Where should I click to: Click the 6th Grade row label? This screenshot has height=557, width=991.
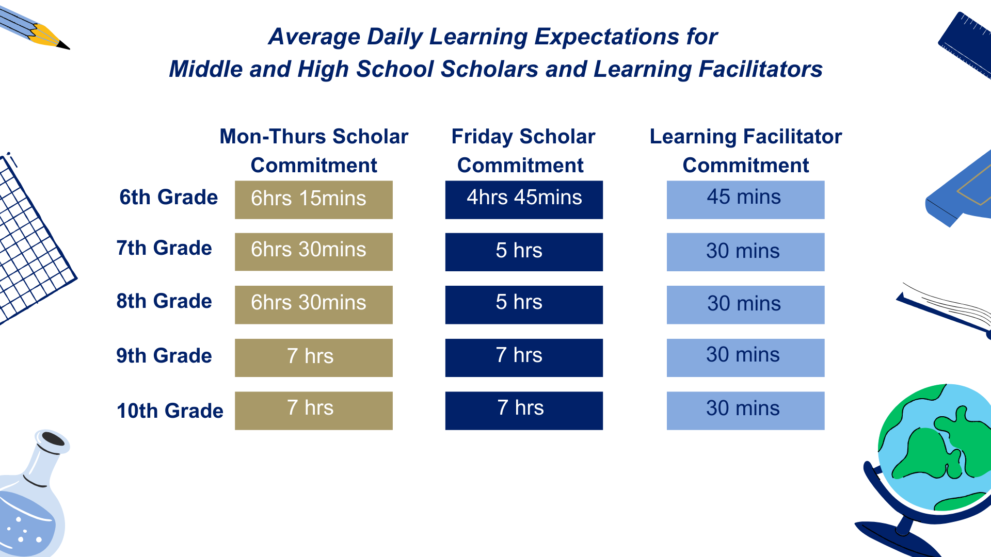168,198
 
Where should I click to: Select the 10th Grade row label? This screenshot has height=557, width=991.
170,411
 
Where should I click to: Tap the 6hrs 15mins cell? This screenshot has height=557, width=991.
313,200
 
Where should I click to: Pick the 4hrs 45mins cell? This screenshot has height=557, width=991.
524,200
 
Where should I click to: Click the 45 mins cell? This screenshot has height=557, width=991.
745,200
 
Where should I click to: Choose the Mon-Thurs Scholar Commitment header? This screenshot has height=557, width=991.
314,151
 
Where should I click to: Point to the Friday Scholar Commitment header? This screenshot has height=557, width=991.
523,151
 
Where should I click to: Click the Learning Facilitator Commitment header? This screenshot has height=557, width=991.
745,151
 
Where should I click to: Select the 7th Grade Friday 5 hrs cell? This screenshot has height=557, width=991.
524,252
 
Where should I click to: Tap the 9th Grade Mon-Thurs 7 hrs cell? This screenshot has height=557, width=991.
313,357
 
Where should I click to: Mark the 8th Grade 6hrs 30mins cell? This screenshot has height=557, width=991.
313,304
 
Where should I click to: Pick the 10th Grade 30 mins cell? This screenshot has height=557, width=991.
745,411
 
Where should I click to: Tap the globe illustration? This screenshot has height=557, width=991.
934,454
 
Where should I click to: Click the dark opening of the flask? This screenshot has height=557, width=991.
53,439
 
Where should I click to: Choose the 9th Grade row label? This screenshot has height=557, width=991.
164,356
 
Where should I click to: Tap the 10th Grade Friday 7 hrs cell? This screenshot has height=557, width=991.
524,411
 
